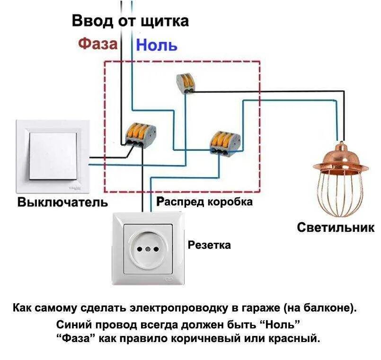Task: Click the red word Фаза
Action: click(x=97, y=44)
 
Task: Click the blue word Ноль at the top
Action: click(x=157, y=45)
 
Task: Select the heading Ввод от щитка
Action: click(x=130, y=21)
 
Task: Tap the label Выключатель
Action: click(x=63, y=202)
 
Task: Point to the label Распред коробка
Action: click(x=204, y=202)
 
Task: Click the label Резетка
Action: click(x=209, y=245)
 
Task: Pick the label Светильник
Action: click(x=336, y=227)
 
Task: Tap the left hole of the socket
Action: click(x=140, y=248)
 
